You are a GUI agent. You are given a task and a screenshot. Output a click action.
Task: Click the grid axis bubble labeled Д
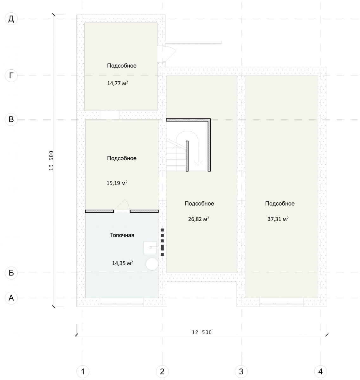tap(11, 19)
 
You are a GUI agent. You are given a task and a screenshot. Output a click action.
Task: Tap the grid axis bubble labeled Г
tap(11, 76)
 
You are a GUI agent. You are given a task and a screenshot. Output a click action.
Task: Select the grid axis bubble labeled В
tap(11, 119)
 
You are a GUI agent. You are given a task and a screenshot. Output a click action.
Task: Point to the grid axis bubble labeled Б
tap(11, 273)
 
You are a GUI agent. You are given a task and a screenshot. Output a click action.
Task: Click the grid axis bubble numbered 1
tap(83, 371)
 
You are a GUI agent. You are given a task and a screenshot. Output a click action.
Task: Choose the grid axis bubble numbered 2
tap(162, 371)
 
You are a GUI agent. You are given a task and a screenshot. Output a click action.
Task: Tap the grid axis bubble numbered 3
tap(241, 371)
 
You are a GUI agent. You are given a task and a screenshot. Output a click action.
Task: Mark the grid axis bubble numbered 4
tap(320, 371)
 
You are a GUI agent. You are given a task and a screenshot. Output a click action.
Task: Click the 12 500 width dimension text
tap(202, 332)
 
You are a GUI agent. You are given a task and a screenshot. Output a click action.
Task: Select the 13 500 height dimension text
tap(51, 161)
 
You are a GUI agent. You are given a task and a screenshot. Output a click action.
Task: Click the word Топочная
tap(122, 235)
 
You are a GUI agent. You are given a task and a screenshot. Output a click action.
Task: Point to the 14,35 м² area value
tap(122, 263)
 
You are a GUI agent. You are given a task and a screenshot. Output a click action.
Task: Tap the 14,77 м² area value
tap(118, 83)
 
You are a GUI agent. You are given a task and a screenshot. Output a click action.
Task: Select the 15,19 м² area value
tap(117, 183)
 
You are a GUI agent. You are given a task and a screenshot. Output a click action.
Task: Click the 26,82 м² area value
tap(199, 219)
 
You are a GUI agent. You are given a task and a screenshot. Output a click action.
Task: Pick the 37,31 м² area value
tap(278, 219)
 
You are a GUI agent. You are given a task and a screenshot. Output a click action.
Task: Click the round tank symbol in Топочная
tap(152, 264)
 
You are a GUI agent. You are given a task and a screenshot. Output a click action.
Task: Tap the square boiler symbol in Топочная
tap(150, 247)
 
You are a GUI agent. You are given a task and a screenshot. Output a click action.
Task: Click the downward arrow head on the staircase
tap(198, 163)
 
